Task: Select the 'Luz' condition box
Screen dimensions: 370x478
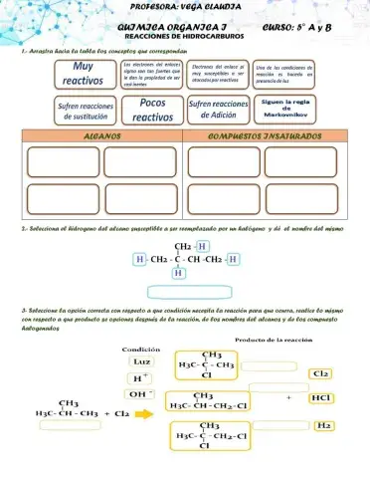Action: (x=141, y=362)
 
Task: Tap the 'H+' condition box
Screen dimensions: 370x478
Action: (x=141, y=377)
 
